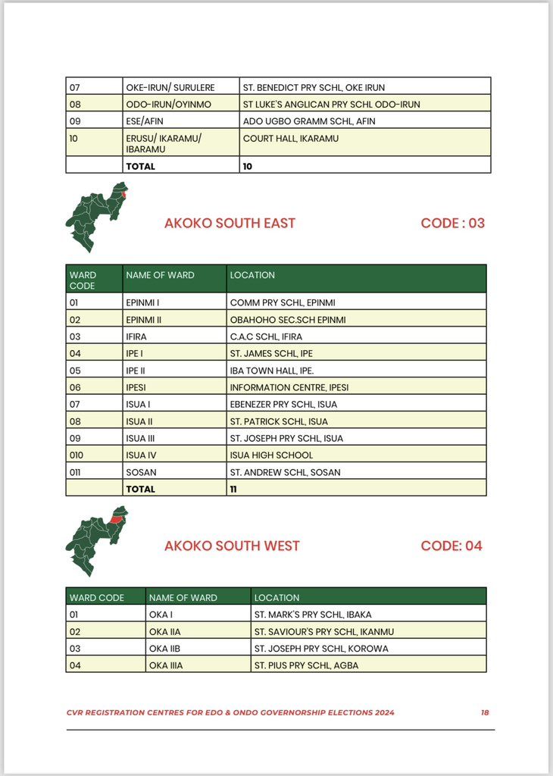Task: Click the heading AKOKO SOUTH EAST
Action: coord(230,223)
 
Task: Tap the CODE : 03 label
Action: coord(452,223)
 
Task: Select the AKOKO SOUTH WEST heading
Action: coord(232,546)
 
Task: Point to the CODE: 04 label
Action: coord(451,546)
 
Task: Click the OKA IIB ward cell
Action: coord(164,649)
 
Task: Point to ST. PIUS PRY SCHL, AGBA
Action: coord(306,665)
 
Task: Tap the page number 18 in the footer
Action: coord(485,712)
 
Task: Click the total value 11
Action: coord(233,489)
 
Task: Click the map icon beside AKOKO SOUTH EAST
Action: coord(96,217)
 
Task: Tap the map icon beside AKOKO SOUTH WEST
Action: coord(96,540)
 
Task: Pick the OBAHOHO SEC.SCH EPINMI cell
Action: coord(288,320)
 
